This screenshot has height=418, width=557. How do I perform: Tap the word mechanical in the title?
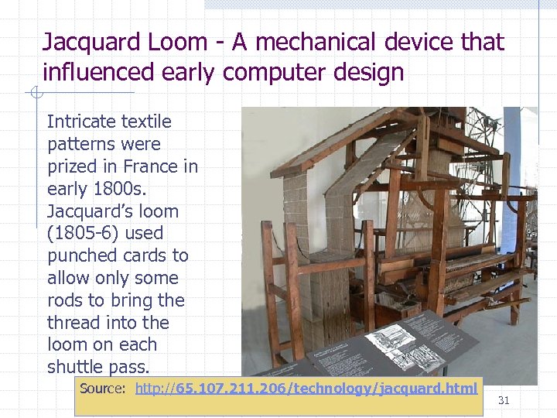[x=323, y=42]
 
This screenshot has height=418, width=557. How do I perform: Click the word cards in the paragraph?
[x=148, y=255]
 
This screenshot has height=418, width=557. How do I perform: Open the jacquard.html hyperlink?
[x=306, y=388]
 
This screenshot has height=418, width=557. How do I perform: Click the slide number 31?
[x=504, y=400]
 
